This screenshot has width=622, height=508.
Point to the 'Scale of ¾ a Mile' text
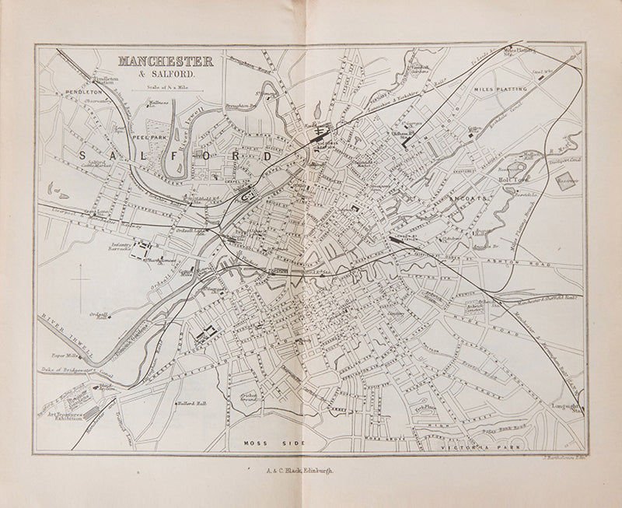[x=167, y=87]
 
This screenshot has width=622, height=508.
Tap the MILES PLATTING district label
[x=500, y=89]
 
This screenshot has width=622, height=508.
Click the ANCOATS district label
[x=466, y=199]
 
